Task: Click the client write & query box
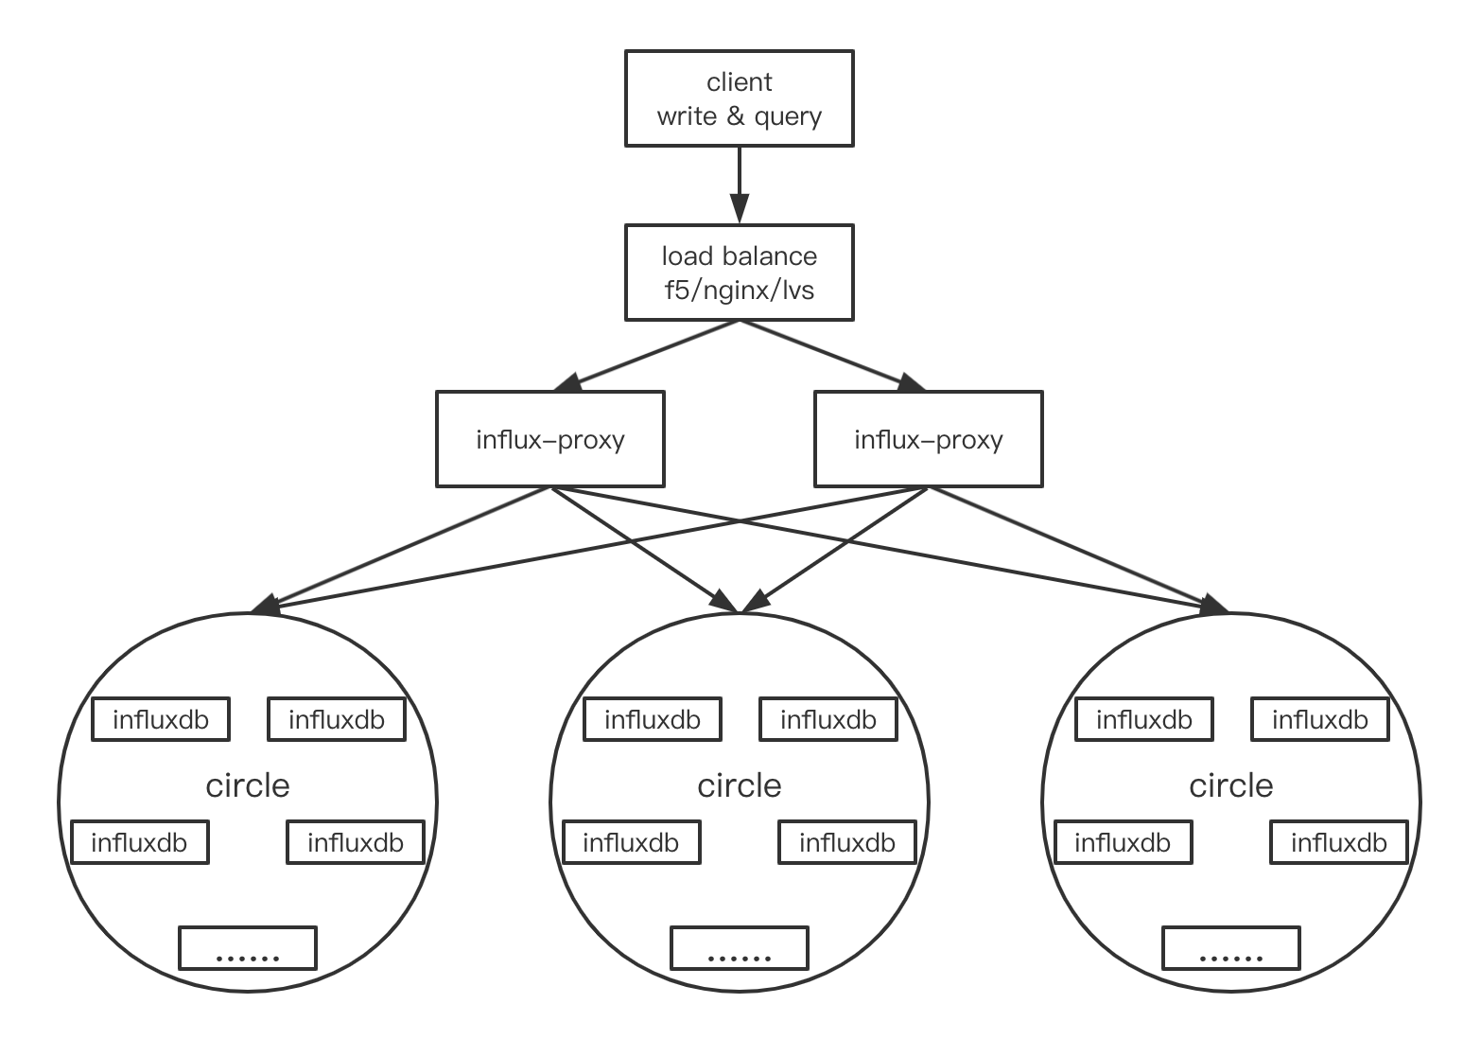click(x=739, y=98)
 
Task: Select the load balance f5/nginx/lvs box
click(x=739, y=273)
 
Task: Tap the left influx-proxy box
click(x=549, y=440)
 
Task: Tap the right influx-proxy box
click(x=928, y=440)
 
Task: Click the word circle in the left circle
click(x=248, y=785)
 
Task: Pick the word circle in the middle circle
click(x=740, y=785)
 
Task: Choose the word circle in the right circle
click(x=1231, y=785)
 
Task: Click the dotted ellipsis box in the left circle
click(x=248, y=948)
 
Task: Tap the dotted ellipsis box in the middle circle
click(x=740, y=948)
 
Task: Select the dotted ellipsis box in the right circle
click(x=1231, y=948)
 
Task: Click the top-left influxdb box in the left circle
click(x=161, y=720)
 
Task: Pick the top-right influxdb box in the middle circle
click(x=828, y=720)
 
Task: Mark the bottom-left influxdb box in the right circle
click(x=1123, y=842)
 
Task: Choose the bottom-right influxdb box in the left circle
click(x=356, y=842)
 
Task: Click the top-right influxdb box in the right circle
click(x=1320, y=720)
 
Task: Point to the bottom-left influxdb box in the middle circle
click(x=631, y=842)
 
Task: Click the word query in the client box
click(x=788, y=117)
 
